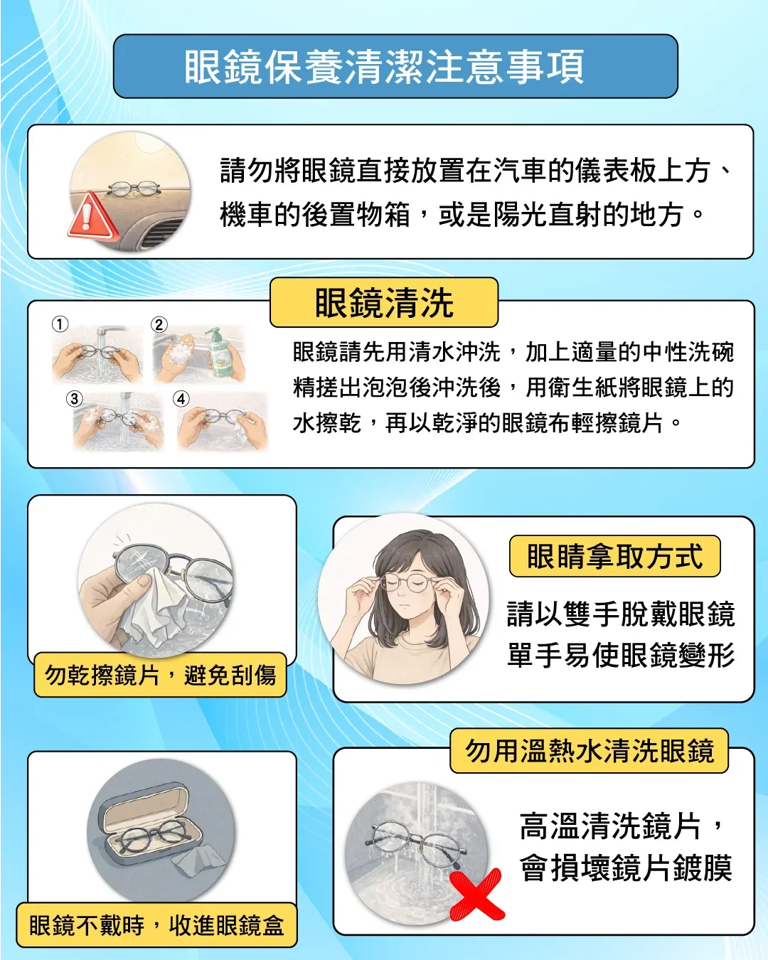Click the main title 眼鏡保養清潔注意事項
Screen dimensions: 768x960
(x=384, y=67)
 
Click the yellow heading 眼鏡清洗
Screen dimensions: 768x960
(x=384, y=302)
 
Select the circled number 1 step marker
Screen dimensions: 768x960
(x=60, y=324)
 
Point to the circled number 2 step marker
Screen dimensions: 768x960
(x=159, y=324)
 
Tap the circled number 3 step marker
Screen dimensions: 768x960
(x=75, y=398)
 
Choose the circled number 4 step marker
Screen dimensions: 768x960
(x=181, y=398)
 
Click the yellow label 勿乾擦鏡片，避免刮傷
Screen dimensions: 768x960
(x=160, y=674)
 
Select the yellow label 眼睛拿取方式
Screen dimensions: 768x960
(x=614, y=556)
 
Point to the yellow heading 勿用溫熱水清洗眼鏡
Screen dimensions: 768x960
(x=589, y=751)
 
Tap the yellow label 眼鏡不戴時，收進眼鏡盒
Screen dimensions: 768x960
(x=156, y=924)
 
